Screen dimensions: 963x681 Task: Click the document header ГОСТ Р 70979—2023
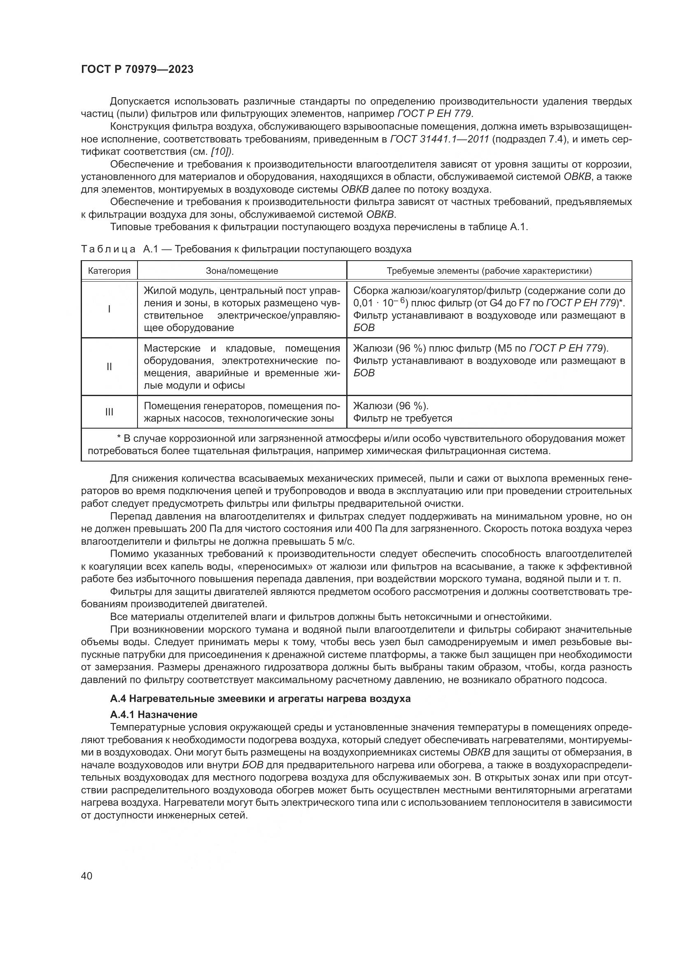[x=137, y=70]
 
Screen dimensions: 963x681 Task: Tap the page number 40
[x=86, y=876]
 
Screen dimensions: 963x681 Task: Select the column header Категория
[x=109, y=271]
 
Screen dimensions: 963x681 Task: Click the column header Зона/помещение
[x=242, y=271]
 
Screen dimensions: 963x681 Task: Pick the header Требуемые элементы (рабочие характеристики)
[x=489, y=271]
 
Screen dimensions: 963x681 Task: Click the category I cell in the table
[x=109, y=309]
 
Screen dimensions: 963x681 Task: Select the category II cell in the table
[x=109, y=366]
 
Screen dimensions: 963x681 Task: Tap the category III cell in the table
[x=109, y=412]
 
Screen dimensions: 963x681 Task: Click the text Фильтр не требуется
[x=403, y=418]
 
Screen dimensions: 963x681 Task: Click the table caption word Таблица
[x=108, y=249]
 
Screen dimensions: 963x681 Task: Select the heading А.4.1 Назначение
[x=154, y=714]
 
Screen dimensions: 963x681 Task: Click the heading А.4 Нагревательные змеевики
[x=260, y=699]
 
